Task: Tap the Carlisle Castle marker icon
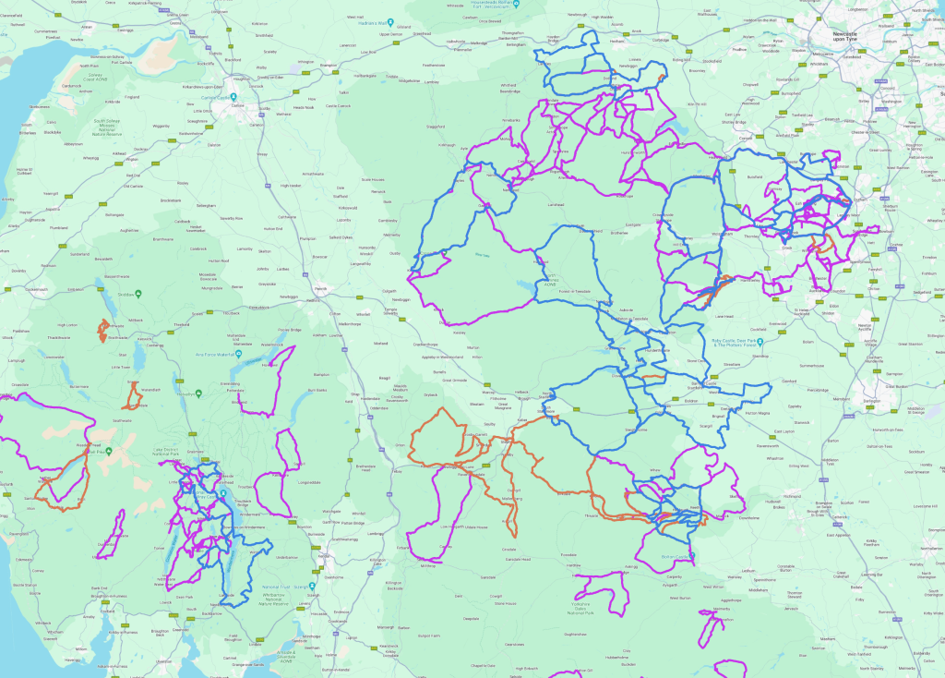(x=234, y=97)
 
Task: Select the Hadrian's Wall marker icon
(x=391, y=22)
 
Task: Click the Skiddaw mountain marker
(x=137, y=295)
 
